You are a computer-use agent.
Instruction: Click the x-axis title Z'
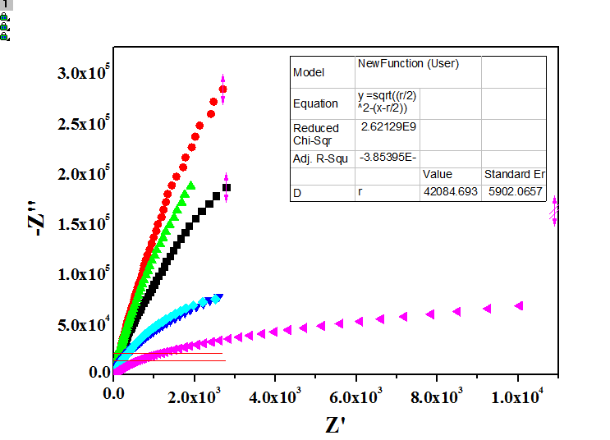(x=335, y=426)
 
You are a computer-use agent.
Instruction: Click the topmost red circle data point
(x=222, y=89)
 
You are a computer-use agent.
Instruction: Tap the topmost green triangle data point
(x=191, y=185)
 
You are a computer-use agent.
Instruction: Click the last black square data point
(x=227, y=188)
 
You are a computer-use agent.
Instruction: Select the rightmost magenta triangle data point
(x=519, y=305)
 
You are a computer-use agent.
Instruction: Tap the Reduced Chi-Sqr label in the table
(x=316, y=134)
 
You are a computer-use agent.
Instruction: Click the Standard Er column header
(x=514, y=175)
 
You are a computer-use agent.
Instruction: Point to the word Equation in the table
(x=315, y=103)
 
